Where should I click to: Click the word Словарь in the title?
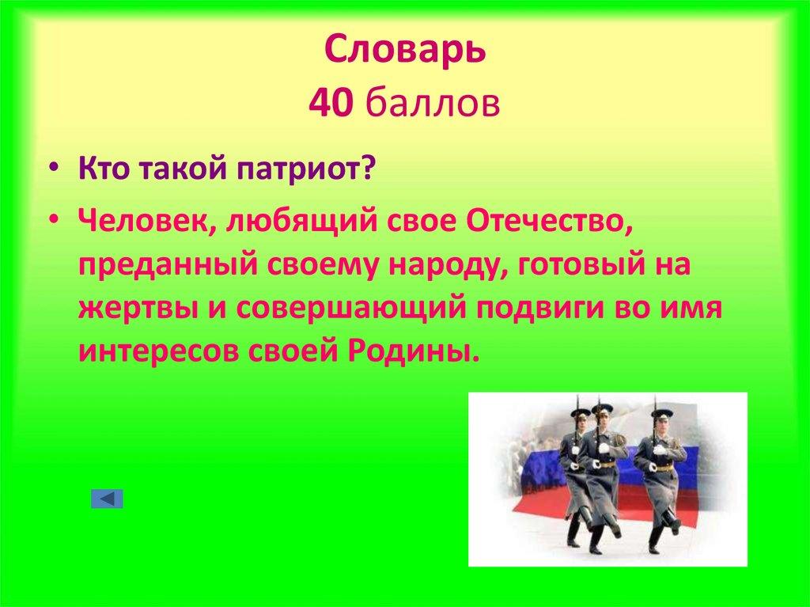pos(404,52)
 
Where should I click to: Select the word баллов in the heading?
pos(432,104)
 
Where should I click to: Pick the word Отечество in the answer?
pos(551,223)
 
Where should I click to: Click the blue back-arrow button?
pos(107,499)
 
